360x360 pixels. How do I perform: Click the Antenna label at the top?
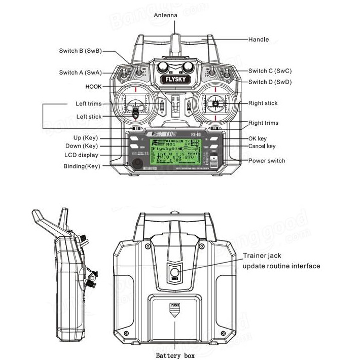165,16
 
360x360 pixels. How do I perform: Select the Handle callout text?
259,40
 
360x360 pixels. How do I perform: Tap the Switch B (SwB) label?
80,51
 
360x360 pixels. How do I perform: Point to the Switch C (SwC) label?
270,71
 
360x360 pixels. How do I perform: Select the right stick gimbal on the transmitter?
215,104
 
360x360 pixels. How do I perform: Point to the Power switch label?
267,161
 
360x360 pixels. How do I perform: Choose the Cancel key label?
262,146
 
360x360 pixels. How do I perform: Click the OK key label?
257,138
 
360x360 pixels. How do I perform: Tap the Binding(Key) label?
82,166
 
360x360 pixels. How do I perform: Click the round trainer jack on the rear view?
174,272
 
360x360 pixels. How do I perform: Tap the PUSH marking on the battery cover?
174,306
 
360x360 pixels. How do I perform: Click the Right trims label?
263,123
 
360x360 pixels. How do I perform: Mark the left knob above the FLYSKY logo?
163,66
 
